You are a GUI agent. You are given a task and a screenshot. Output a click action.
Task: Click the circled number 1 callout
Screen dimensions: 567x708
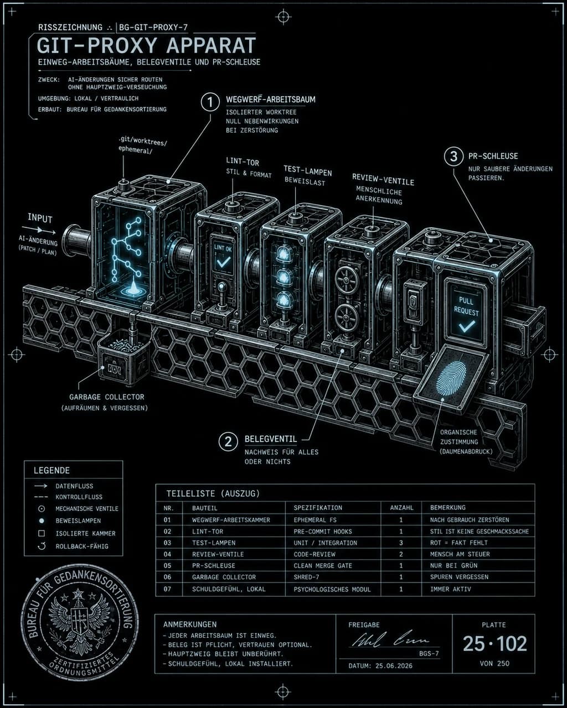coord(210,102)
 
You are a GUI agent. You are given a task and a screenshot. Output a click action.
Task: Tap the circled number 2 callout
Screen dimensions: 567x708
coord(228,441)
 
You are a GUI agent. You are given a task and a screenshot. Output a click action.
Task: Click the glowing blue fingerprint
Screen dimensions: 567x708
coord(451,378)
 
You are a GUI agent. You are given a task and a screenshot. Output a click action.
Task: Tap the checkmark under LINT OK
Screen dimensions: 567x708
coord(223,262)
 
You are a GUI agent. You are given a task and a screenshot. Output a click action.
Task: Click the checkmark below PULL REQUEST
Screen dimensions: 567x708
coord(467,326)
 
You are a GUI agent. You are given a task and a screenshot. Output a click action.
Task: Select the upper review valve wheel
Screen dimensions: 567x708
coord(346,280)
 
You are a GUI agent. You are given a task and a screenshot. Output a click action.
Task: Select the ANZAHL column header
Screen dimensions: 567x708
coord(401,508)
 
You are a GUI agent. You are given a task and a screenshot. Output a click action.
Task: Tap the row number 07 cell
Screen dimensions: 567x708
coord(167,589)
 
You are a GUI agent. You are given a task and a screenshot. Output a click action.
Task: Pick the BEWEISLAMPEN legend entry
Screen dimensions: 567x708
coord(78,520)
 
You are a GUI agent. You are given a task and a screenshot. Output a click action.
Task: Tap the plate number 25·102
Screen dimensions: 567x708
coord(495,644)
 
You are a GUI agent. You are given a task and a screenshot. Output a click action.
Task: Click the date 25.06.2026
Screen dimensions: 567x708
coord(394,665)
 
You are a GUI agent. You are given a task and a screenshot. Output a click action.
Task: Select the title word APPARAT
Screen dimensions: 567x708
coord(211,45)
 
